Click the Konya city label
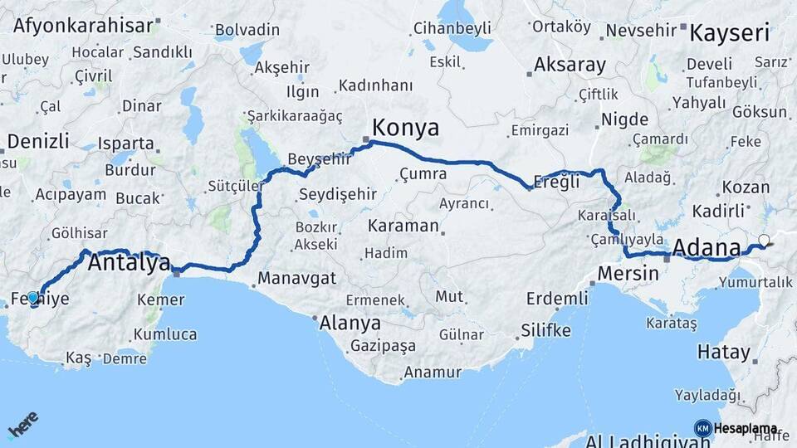pos(405,128)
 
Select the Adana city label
pos(707,247)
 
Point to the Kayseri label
pos(729,33)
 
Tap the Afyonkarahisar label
pos(83,25)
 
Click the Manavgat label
pos(291,278)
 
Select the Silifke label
pos(545,330)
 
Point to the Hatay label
pos(722,352)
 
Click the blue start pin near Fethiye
pos(33,297)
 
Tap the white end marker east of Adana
pos(764,241)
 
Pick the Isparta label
pos(125,143)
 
